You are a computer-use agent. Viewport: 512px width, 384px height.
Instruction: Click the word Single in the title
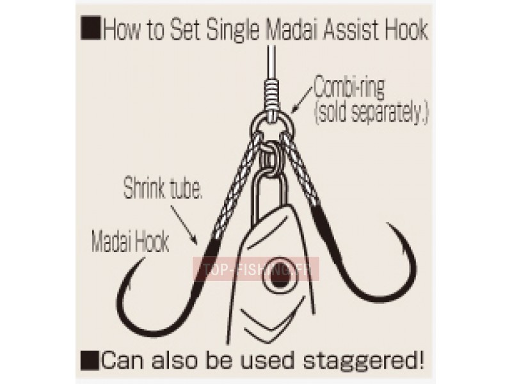tap(234, 31)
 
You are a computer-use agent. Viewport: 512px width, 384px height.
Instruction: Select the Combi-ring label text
tap(349, 88)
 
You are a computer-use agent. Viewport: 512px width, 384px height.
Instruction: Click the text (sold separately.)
tap(371, 113)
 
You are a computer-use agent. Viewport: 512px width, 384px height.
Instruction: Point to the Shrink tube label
tap(163, 188)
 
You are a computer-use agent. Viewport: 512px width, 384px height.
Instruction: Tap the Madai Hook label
tap(131, 242)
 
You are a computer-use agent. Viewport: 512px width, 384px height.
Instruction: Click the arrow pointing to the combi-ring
tap(302, 98)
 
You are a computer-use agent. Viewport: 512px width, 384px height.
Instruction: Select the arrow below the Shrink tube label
tap(184, 225)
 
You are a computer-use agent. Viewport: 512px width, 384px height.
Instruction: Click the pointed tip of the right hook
tap(388, 225)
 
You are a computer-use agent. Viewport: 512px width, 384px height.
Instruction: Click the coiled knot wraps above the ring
tap(271, 95)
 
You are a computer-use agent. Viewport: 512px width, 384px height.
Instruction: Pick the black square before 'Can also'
tap(90, 360)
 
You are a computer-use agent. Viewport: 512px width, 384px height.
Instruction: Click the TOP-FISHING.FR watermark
tap(255, 269)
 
